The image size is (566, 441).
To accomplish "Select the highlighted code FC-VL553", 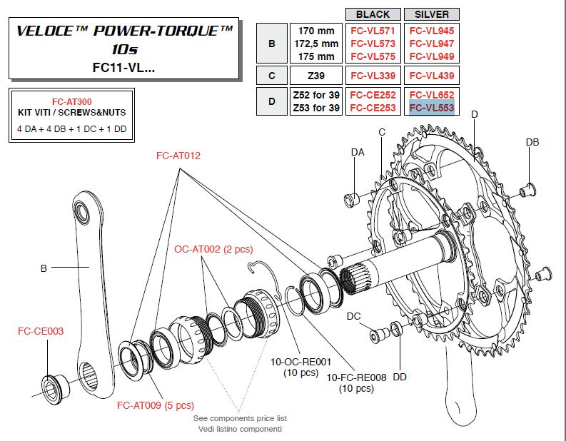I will click(x=432, y=108).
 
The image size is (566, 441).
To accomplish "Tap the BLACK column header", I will click(x=373, y=14).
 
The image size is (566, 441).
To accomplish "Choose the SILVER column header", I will click(x=432, y=14).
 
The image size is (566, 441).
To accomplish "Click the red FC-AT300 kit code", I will click(x=71, y=102).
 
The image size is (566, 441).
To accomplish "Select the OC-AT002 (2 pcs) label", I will click(x=213, y=249).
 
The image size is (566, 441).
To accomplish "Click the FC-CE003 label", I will click(x=41, y=331).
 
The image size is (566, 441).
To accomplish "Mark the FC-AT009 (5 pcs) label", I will click(x=154, y=405).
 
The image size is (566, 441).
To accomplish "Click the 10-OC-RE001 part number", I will click(x=299, y=363).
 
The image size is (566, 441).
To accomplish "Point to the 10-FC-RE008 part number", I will click(x=350, y=377).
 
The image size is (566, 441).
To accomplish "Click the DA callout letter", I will click(x=358, y=152).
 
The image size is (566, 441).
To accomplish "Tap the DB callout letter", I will click(x=532, y=142).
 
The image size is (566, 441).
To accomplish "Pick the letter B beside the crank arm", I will click(x=44, y=268).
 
